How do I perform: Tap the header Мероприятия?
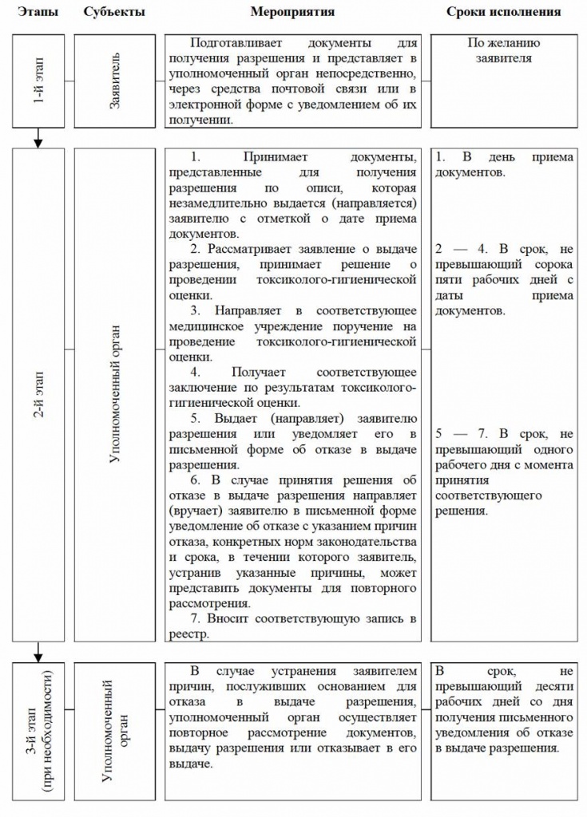click(292, 12)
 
